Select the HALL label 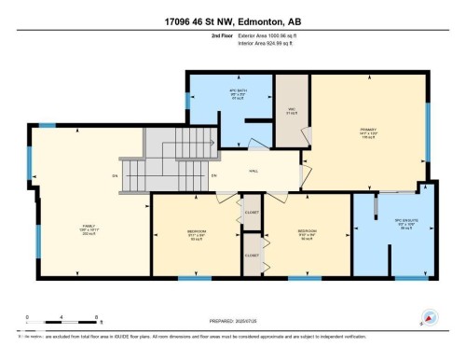point(252,169)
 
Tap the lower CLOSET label point(251,254)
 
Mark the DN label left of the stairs point(115,175)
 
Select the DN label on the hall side point(213,176)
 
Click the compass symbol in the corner point(429,317)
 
